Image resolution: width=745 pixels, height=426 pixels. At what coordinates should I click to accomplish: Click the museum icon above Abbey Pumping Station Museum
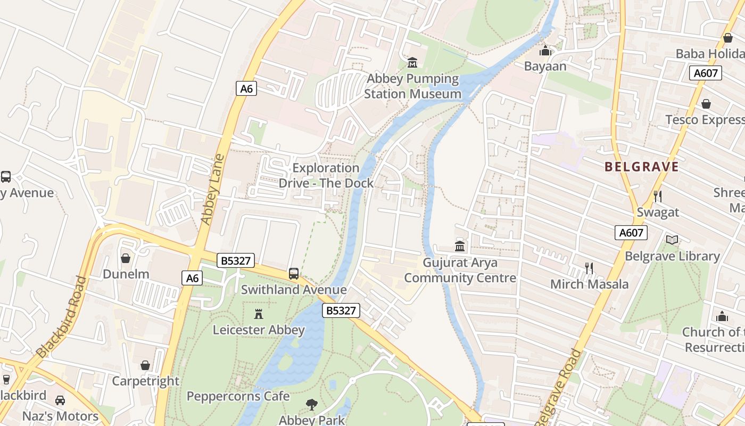(x=412, y=63)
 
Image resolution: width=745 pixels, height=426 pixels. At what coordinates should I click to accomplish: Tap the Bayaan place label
(x=545, y=66)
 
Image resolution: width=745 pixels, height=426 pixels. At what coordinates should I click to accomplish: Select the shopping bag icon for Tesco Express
(x=706, y=104)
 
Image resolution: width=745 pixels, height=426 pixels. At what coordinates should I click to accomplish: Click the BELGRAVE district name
(x=641, y=167)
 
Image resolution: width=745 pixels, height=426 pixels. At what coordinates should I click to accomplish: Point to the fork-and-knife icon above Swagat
(x=658, y=196)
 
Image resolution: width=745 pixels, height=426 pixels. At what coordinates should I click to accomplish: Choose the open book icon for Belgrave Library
(x=672, y=240)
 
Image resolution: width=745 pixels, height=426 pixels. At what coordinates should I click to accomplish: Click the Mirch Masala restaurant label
(x=589, y=284)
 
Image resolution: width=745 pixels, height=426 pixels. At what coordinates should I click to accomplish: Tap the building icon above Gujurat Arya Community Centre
(x=460, y=247)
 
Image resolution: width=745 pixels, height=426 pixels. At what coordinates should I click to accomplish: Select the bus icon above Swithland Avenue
(x=293, y=274)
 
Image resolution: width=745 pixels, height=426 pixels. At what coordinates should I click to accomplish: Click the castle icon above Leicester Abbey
(x=259, y=314)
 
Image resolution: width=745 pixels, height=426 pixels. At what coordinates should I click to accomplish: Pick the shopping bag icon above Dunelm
(x=126, y=258)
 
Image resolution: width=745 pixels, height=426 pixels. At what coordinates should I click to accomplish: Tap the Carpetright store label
(x=145, y=381)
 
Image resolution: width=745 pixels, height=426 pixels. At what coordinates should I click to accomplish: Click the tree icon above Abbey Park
(x=311, y=405)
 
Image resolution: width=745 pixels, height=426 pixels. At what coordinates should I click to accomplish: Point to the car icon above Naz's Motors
(x=60, y=400)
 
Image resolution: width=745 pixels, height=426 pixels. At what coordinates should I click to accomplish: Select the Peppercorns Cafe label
(x=238, y=396)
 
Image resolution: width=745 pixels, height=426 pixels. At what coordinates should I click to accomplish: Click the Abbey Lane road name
(x=211, y=189)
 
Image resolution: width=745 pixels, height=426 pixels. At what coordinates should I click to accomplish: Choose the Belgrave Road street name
(x=559, y=388)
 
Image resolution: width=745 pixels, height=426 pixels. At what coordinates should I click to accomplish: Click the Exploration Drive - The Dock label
(x=326, y=175)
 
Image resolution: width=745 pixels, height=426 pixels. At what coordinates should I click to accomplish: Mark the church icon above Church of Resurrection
(x=722, y=316)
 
